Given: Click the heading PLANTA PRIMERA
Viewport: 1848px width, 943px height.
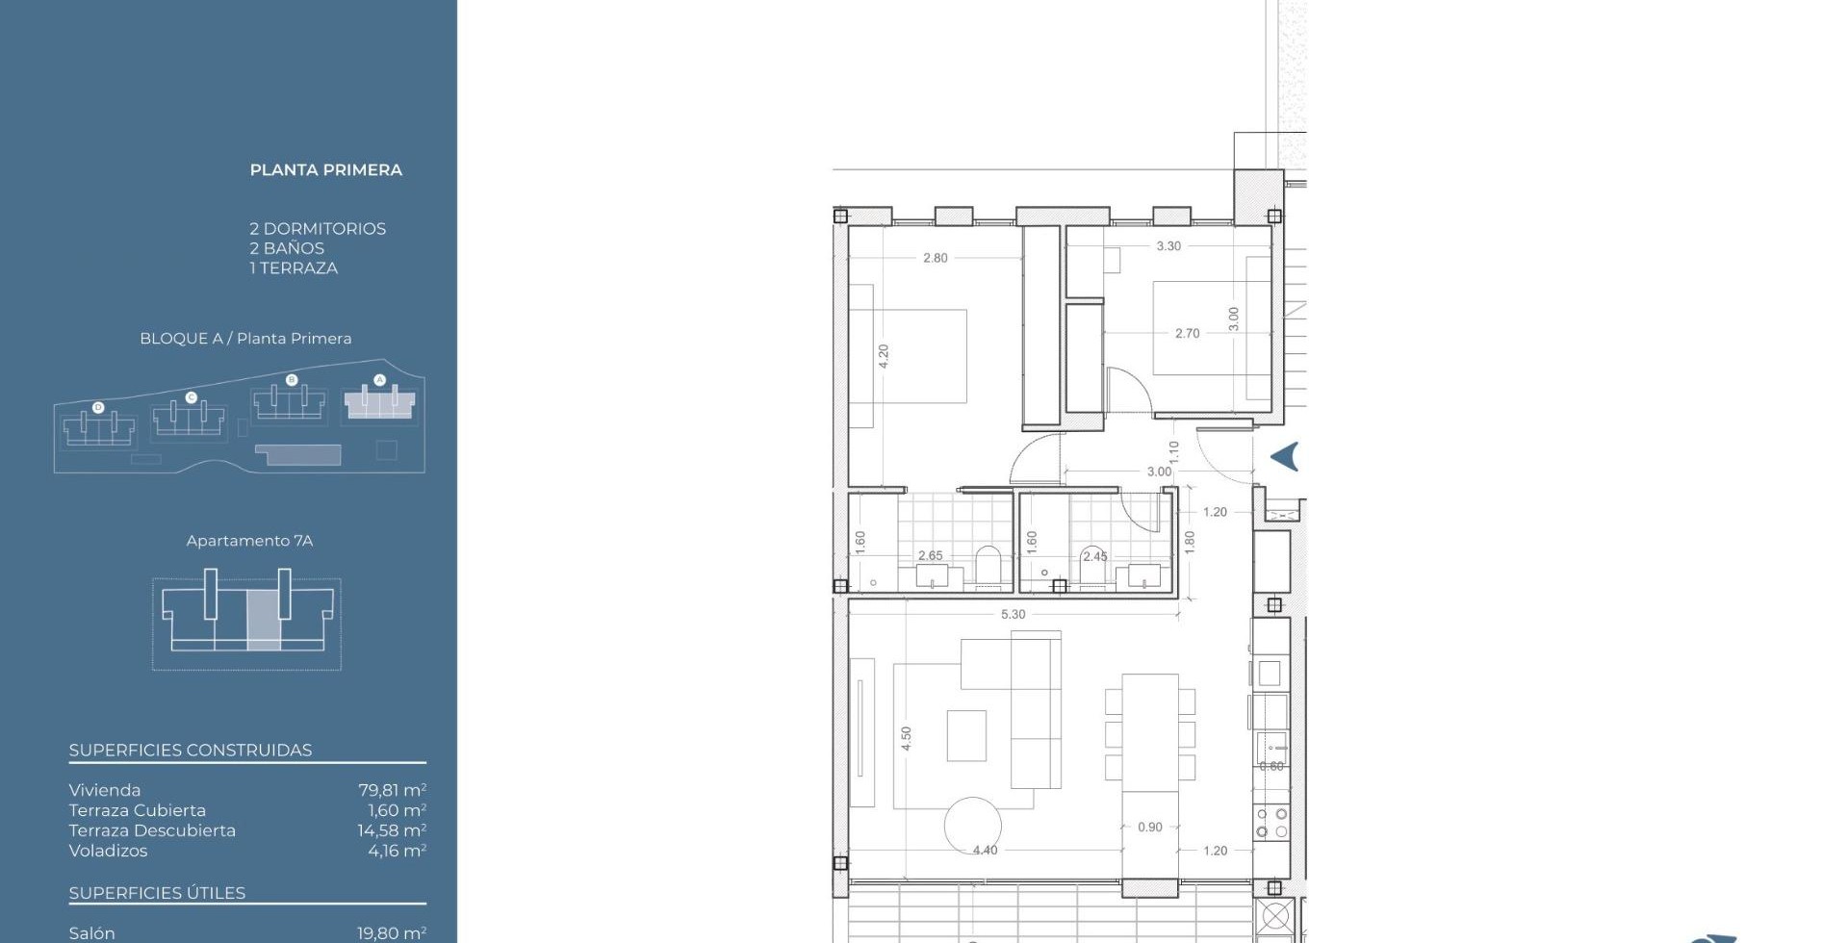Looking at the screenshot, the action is pos(326,170).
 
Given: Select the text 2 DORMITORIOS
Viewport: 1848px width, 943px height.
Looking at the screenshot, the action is pos(318,229).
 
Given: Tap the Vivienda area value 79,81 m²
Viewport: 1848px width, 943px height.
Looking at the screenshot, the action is pos(393,790).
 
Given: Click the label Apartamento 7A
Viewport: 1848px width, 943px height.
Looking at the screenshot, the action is pos(249,541).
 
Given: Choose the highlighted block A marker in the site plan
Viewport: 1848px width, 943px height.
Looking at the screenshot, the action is pos(379,380).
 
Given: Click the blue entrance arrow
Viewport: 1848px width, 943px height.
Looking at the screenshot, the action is pos(1285,457).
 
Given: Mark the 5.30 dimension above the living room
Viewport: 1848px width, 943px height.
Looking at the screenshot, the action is pos(1014,614).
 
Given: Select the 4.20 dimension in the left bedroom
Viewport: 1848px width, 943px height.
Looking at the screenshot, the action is pos(884,356).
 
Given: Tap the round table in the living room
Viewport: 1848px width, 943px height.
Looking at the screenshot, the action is pos(972,825).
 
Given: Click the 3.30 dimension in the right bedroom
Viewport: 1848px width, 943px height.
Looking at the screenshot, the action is pos(1168,246).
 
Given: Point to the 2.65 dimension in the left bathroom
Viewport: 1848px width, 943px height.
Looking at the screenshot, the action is pos(931,555).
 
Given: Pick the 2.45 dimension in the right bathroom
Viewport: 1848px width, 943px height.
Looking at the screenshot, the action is pos(1094,556).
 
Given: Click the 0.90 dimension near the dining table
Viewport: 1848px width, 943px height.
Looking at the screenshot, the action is pos(1150,827).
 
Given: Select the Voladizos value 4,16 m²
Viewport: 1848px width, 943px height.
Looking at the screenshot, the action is pos(398,851).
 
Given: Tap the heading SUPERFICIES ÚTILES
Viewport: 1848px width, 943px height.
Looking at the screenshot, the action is pos(157,893).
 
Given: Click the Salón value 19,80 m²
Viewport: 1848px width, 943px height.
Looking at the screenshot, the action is pos(392,933).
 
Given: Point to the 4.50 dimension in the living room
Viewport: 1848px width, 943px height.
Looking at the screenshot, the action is pos(906,739).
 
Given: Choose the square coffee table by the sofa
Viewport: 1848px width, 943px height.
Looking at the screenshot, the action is pos(966,736).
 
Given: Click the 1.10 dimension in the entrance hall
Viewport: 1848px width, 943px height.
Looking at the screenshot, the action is pos(1173,451).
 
